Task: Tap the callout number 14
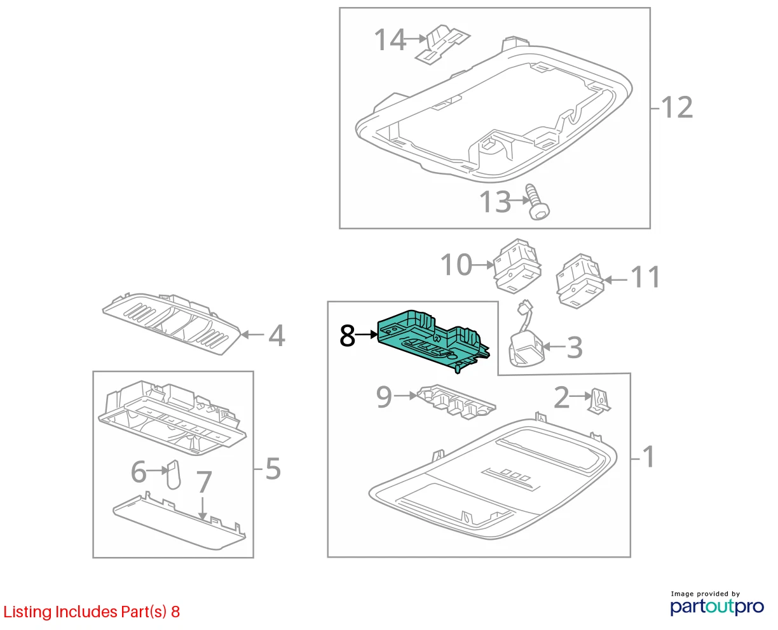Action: point(390,39)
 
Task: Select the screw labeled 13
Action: point(537,202)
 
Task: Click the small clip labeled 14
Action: point(442,44)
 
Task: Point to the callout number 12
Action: point(677,107)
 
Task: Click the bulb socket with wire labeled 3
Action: point(526,338)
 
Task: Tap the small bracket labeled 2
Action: point(599,401)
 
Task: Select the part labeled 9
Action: point(456,401)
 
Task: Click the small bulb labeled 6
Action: point(174,474)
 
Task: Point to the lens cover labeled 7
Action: point(179,522)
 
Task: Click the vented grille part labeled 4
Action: point(172,323)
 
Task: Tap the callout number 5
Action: point(273,469)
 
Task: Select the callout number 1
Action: point(648,456)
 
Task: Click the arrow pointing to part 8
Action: point(366,334)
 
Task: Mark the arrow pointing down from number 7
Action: point(203,507)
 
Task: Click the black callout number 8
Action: point(347,336)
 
